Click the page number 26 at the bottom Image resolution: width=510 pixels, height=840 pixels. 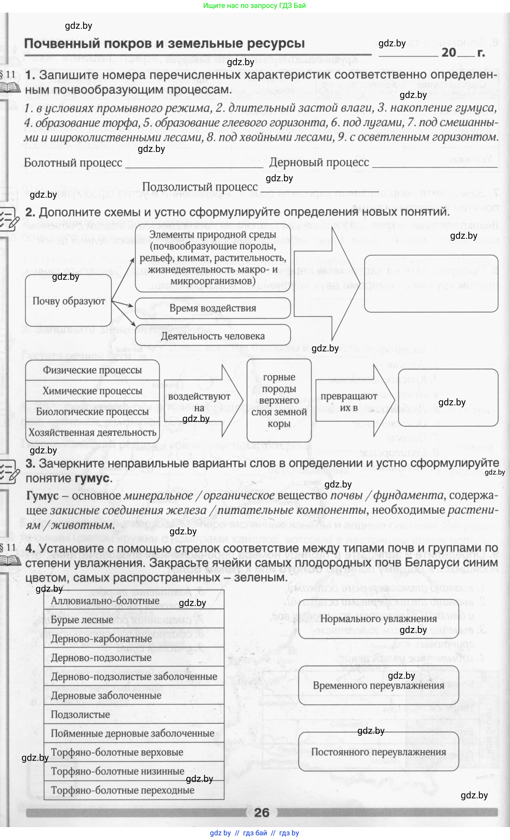tap(262, 813)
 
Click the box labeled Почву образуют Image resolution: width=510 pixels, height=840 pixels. tap(68, 301)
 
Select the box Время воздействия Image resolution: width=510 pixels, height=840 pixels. tap(213, 308)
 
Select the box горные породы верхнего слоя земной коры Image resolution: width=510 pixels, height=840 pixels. tap(279, 400)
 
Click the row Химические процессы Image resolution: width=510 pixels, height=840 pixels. tap(92, 391)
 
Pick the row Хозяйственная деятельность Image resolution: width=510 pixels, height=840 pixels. tap(92, 432)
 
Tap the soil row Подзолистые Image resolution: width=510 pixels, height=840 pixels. tap(80, 714)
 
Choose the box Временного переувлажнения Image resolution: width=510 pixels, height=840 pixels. tap(378, 685)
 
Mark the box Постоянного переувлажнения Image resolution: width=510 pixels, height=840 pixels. tap(378, 752)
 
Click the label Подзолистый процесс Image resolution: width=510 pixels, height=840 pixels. tap(200, 187)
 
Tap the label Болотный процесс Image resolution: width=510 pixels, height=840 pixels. tap(73, 162)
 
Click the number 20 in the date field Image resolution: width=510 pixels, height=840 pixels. tap(449, 52)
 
